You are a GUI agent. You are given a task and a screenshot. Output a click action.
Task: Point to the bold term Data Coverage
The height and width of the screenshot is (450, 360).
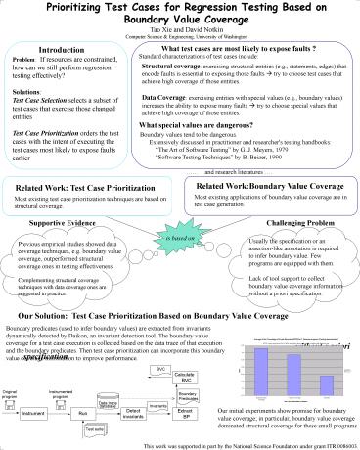[162, 98]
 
